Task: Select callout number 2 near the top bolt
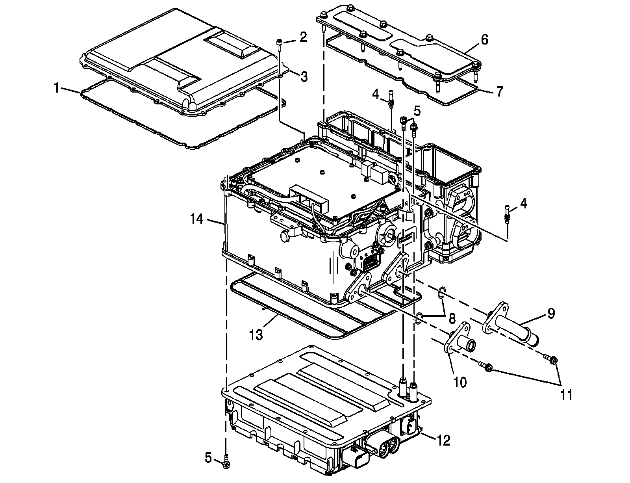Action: [303, 37]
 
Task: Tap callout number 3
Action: [304, 77]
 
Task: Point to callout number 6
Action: [484, 40]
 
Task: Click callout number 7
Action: [499, 92]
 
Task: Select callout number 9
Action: [551, 314]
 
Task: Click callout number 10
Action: [460, 381]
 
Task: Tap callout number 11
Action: [566, 394]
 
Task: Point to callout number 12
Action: [443, 440]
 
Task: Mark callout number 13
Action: [256, 335]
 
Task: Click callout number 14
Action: [197, 219]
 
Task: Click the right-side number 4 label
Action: [523, 204]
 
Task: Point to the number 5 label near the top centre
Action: [417, 111]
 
